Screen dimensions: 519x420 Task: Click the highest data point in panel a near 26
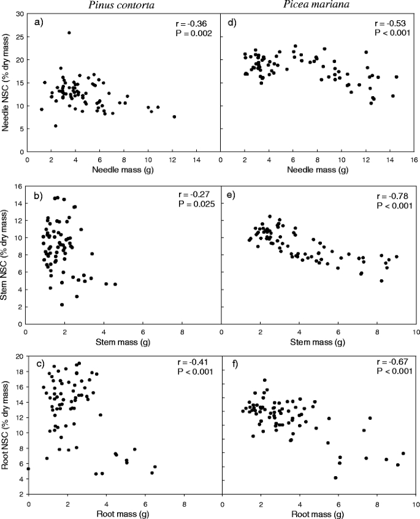pos(69,33)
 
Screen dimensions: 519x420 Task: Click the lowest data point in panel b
pos(63,304)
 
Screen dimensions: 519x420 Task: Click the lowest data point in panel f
pos(335,477)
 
